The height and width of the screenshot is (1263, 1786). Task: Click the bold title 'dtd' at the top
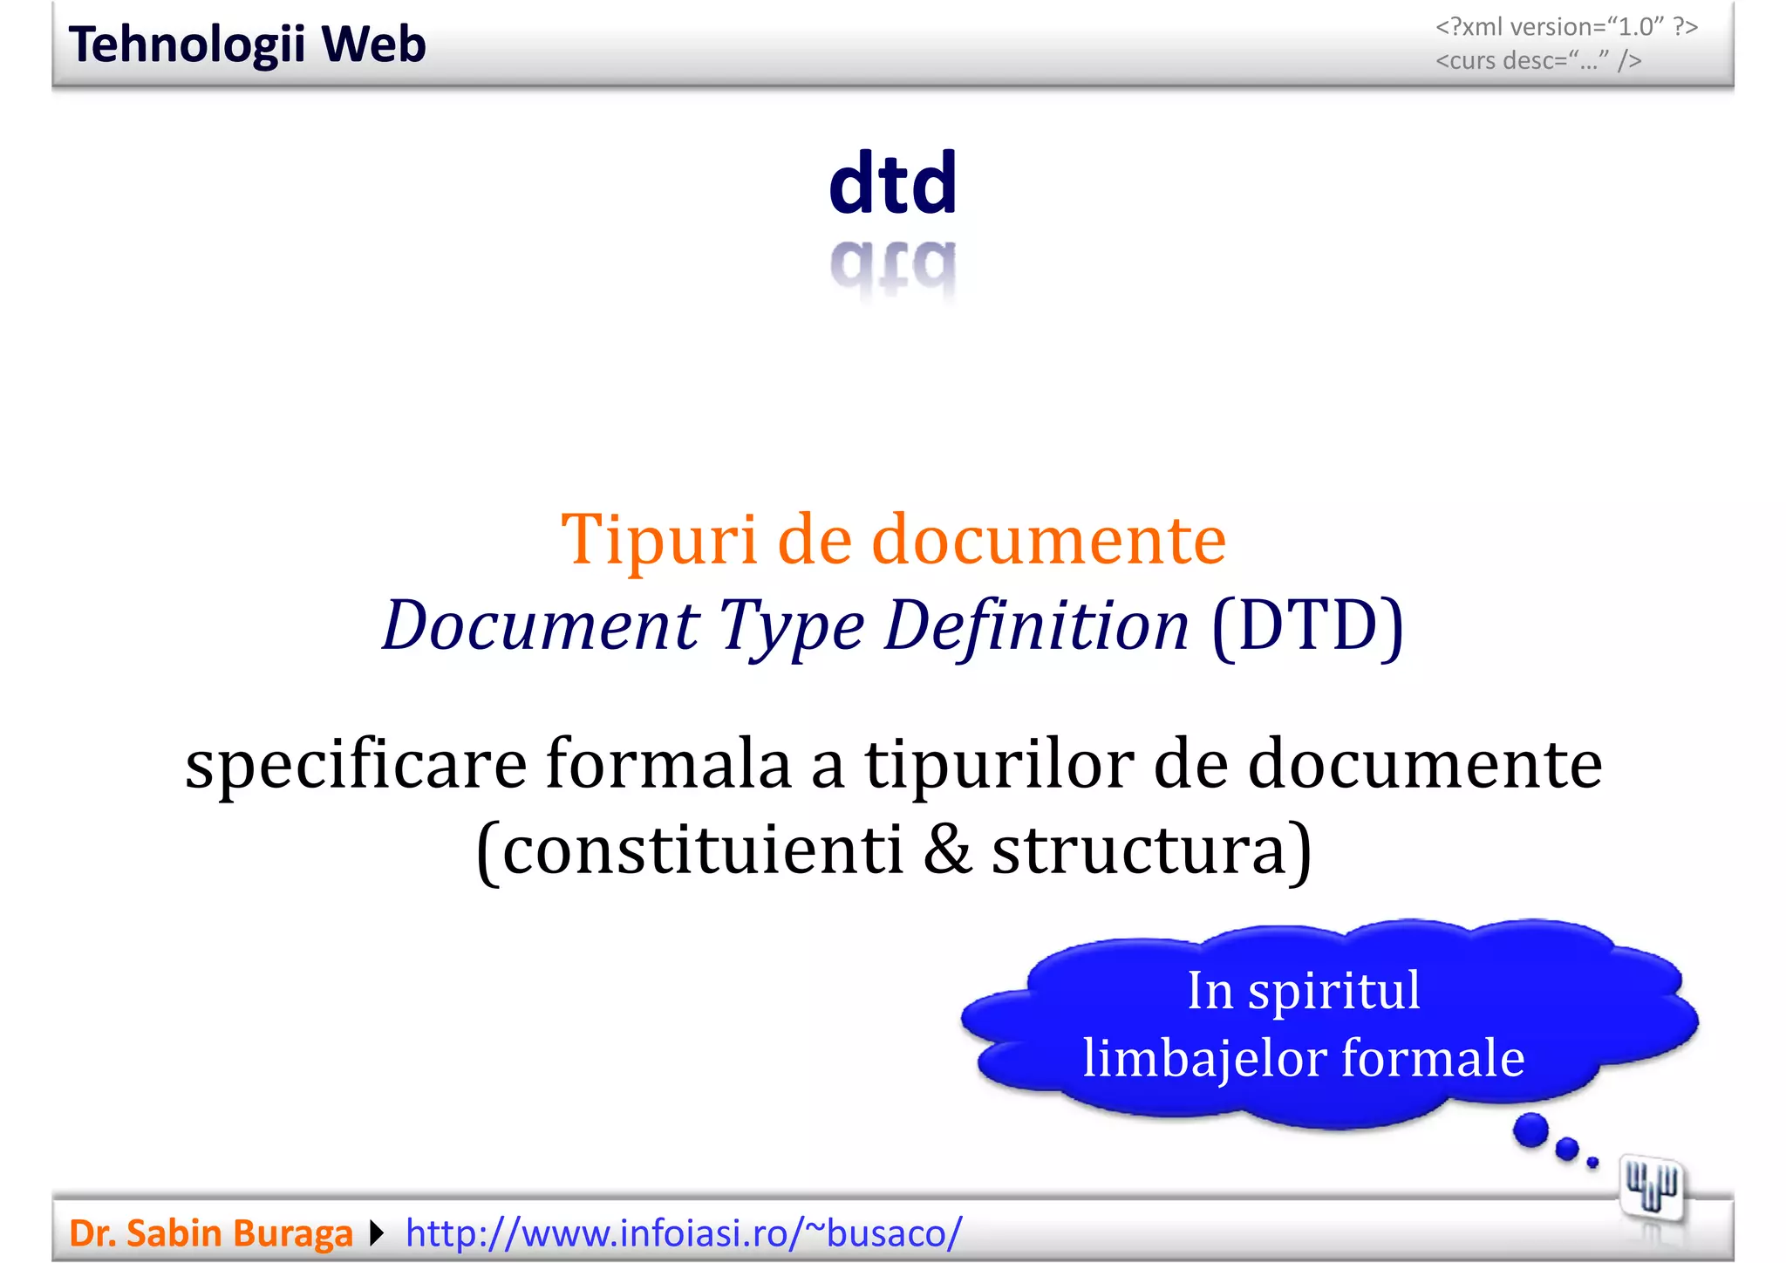pyautogui.click(x=893, y=183)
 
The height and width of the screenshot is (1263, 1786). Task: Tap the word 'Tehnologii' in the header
pyautogui.click(x=187, y=45)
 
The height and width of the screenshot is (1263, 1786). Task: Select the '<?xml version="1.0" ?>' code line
pyautogui.click(x=1566, y=27)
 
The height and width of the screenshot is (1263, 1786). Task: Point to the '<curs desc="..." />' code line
pyautogui.click(x=1538, y=61)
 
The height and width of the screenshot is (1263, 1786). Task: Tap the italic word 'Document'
pyautogui.click(x=541, y=625)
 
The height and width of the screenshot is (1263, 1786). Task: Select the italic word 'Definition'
pyautogui.click(x=1036, y=625)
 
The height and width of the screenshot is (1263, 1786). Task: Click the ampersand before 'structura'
pyautogui.click(x=947, y=850)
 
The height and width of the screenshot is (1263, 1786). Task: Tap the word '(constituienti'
pyautogui.click(x=689, y=850)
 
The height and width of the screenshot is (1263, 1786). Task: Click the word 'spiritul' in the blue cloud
pyautogui.click(x=1333, y=992)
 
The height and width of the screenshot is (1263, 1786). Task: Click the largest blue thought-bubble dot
pyautogui.click(x=1530, y=1130)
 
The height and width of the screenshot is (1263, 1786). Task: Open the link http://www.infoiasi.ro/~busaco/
pyautogui.click(x=684, y=1233)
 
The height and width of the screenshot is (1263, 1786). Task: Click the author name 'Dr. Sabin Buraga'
pyautogui.click(x=211, y=1233)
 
